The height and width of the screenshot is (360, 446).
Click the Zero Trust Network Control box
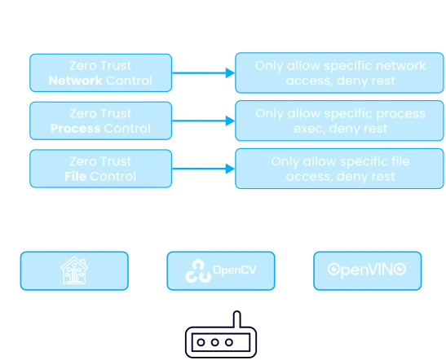(101, 72)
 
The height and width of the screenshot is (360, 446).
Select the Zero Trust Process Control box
(101, 121)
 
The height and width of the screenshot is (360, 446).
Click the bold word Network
(75, 81)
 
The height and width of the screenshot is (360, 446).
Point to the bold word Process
(74, 129)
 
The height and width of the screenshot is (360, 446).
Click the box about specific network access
(340, 72)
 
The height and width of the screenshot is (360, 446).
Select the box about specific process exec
(340, 121)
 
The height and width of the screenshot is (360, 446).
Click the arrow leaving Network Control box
(203, 73)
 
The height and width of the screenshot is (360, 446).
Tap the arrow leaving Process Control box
(203, 121)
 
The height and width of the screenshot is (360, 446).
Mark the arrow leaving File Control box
(203, 169)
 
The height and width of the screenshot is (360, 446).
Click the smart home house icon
(74, 270)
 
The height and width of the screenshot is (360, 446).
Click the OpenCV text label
(232, 270)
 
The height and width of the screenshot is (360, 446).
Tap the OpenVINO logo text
(368, 270)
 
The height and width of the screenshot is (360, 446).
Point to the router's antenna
(236, 318)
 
